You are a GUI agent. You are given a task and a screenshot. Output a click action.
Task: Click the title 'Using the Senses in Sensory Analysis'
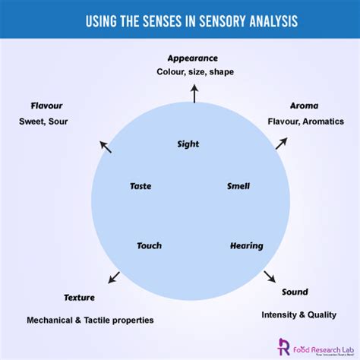point(180,22)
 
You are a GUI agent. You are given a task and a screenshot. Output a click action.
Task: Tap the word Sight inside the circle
point(188,144)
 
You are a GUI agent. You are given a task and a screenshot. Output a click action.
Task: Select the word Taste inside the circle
point(141,186)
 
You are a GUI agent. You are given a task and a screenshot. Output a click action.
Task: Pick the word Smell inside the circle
point(238,186)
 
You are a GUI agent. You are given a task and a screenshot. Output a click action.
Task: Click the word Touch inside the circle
point(149,246)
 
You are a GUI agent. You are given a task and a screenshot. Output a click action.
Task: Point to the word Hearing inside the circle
point(246,246)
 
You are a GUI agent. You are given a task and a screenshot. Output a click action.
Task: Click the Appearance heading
point(193,58)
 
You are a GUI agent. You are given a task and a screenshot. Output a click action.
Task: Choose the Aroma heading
point(304,106)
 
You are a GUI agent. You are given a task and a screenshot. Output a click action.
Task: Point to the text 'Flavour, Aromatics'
point(305,121)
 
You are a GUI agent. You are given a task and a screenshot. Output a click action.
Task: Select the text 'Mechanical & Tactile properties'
point(90,321)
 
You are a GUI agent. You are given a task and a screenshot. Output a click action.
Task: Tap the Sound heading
point(295,292)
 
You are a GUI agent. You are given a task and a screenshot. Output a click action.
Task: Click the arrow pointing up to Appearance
point(194,93)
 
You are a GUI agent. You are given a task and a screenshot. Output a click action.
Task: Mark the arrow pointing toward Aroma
point(282,142)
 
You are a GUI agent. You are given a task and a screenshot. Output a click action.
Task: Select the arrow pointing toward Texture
point(114,277)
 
